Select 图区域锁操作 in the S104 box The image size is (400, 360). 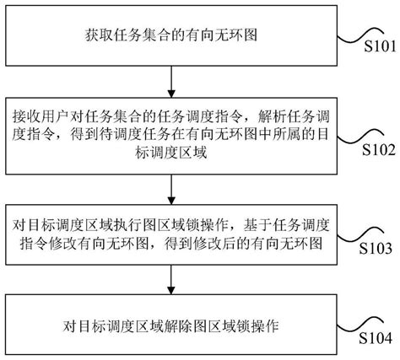[x=238, y=324]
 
